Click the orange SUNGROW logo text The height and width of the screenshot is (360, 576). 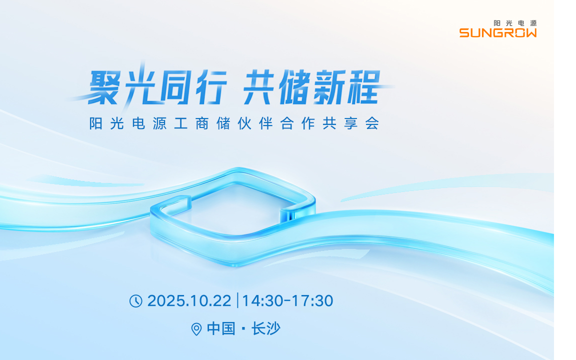pos(498,33)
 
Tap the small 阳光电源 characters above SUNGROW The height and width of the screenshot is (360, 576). pos(514,23)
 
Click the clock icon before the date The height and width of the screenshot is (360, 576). pos(136,301)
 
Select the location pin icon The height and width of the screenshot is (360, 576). pos(196,329)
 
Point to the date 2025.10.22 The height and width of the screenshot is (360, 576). pos(189,301)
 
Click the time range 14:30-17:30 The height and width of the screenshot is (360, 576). pos(287,301)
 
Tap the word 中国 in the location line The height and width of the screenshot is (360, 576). pos(221,329)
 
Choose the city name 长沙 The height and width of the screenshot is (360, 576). pos(266,329)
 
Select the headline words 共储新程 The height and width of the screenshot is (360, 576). pos(311,87)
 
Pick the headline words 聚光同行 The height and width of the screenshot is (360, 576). pos(157,87)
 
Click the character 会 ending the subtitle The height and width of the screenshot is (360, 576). pos(371,123)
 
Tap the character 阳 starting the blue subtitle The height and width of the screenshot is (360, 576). pos(96,123)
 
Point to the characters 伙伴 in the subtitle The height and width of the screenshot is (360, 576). pos(255,123)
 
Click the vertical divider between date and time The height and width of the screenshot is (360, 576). pos(237,301)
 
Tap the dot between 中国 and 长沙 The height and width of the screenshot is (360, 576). pos(243,329)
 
